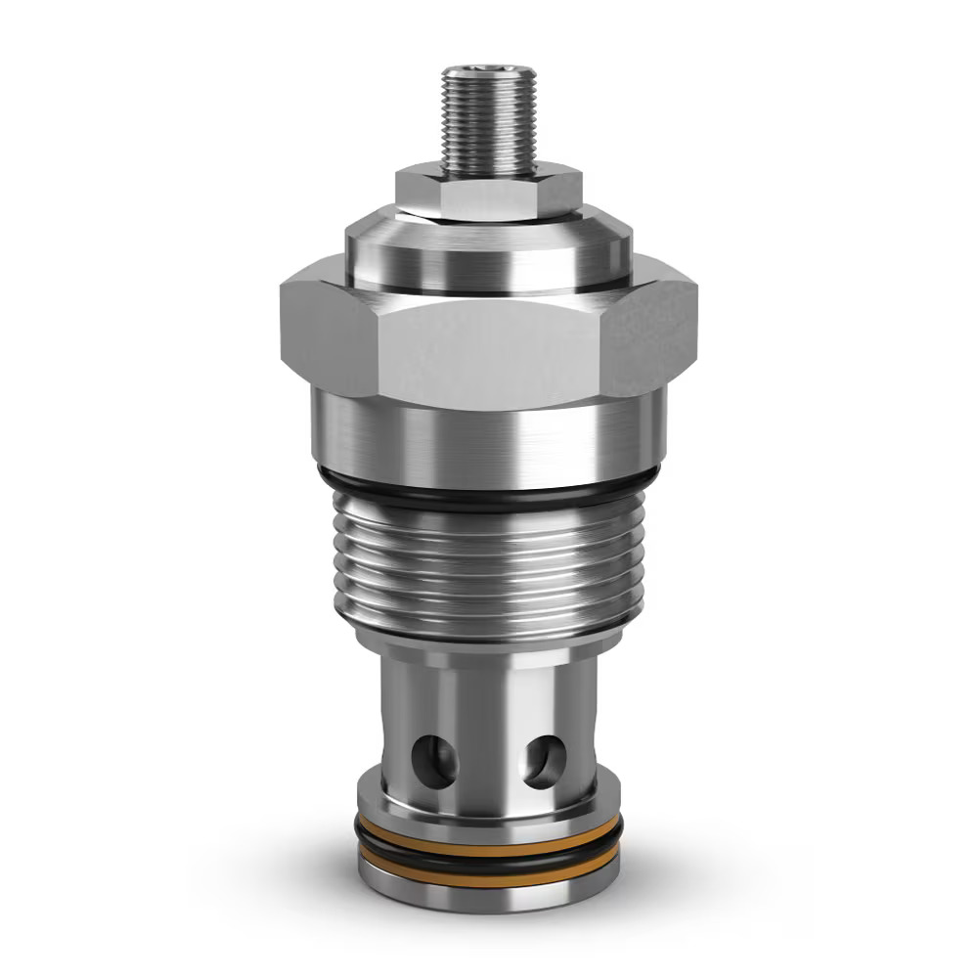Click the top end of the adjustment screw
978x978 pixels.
(488, 70)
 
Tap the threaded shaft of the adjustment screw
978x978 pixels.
(488, 122)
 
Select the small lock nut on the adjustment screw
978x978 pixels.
(488, 194)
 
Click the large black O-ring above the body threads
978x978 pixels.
(488, 499)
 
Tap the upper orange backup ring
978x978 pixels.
(488, 848)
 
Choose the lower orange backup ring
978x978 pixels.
(488, 877)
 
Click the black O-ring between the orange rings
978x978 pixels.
(488, 863)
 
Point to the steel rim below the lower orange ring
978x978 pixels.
(488, 897)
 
